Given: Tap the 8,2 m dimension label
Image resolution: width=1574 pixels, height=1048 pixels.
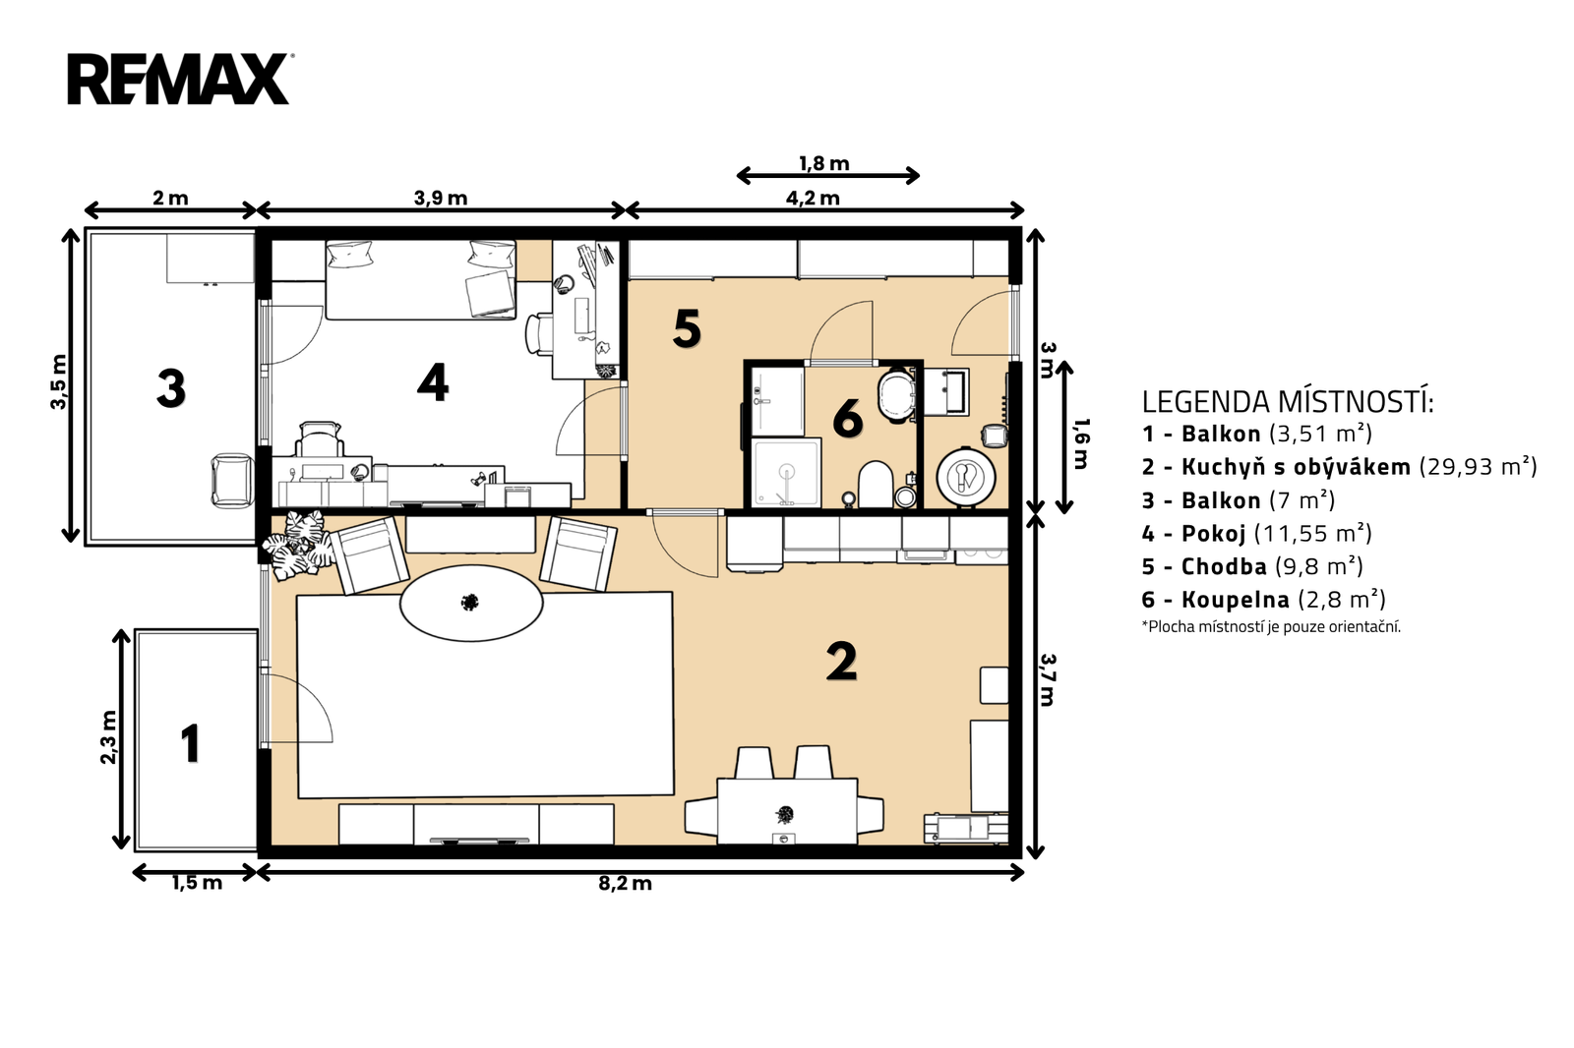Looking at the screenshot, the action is (x=625, y=884).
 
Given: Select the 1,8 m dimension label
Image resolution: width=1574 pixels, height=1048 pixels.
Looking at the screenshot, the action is (x=823, y=163).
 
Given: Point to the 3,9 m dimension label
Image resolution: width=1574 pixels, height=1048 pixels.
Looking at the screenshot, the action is (x=441, y=198).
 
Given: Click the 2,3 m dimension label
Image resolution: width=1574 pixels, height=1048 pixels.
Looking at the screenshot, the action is (x=108, y=737).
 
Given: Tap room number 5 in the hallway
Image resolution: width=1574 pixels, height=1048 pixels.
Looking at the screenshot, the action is (x=687, y=328).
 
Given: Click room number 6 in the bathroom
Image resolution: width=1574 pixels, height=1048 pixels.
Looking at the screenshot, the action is (x=847, y=419).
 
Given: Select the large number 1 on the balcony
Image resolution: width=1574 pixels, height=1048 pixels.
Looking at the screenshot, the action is (x=191, y=744).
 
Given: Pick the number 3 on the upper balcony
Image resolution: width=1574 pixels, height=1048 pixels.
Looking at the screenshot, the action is (x=171, y=388).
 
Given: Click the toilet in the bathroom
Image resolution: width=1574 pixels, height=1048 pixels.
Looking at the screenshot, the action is (x=875, y=484).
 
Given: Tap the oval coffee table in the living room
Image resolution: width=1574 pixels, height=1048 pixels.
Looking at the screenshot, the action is (x=471, y=603).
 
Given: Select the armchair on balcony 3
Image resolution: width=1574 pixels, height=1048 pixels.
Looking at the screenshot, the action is (x=232, y=481).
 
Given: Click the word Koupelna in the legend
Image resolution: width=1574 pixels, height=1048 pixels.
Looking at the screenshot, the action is (x=1236, y=600).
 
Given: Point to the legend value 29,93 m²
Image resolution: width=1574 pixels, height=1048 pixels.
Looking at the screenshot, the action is (x=1478, y=466).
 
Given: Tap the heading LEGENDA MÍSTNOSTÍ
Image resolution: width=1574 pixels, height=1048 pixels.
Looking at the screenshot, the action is (x=1288, y=402).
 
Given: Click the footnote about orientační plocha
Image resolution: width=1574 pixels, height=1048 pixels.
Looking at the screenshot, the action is (x=1271, y=626).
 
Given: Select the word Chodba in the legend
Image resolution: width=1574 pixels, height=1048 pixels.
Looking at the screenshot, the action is (x=1224, y=566).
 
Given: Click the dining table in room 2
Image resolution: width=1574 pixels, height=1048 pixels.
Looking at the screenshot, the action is (x=786, y=811).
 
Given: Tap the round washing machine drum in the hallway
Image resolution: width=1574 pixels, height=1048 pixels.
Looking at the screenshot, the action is (x=965, y=476).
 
